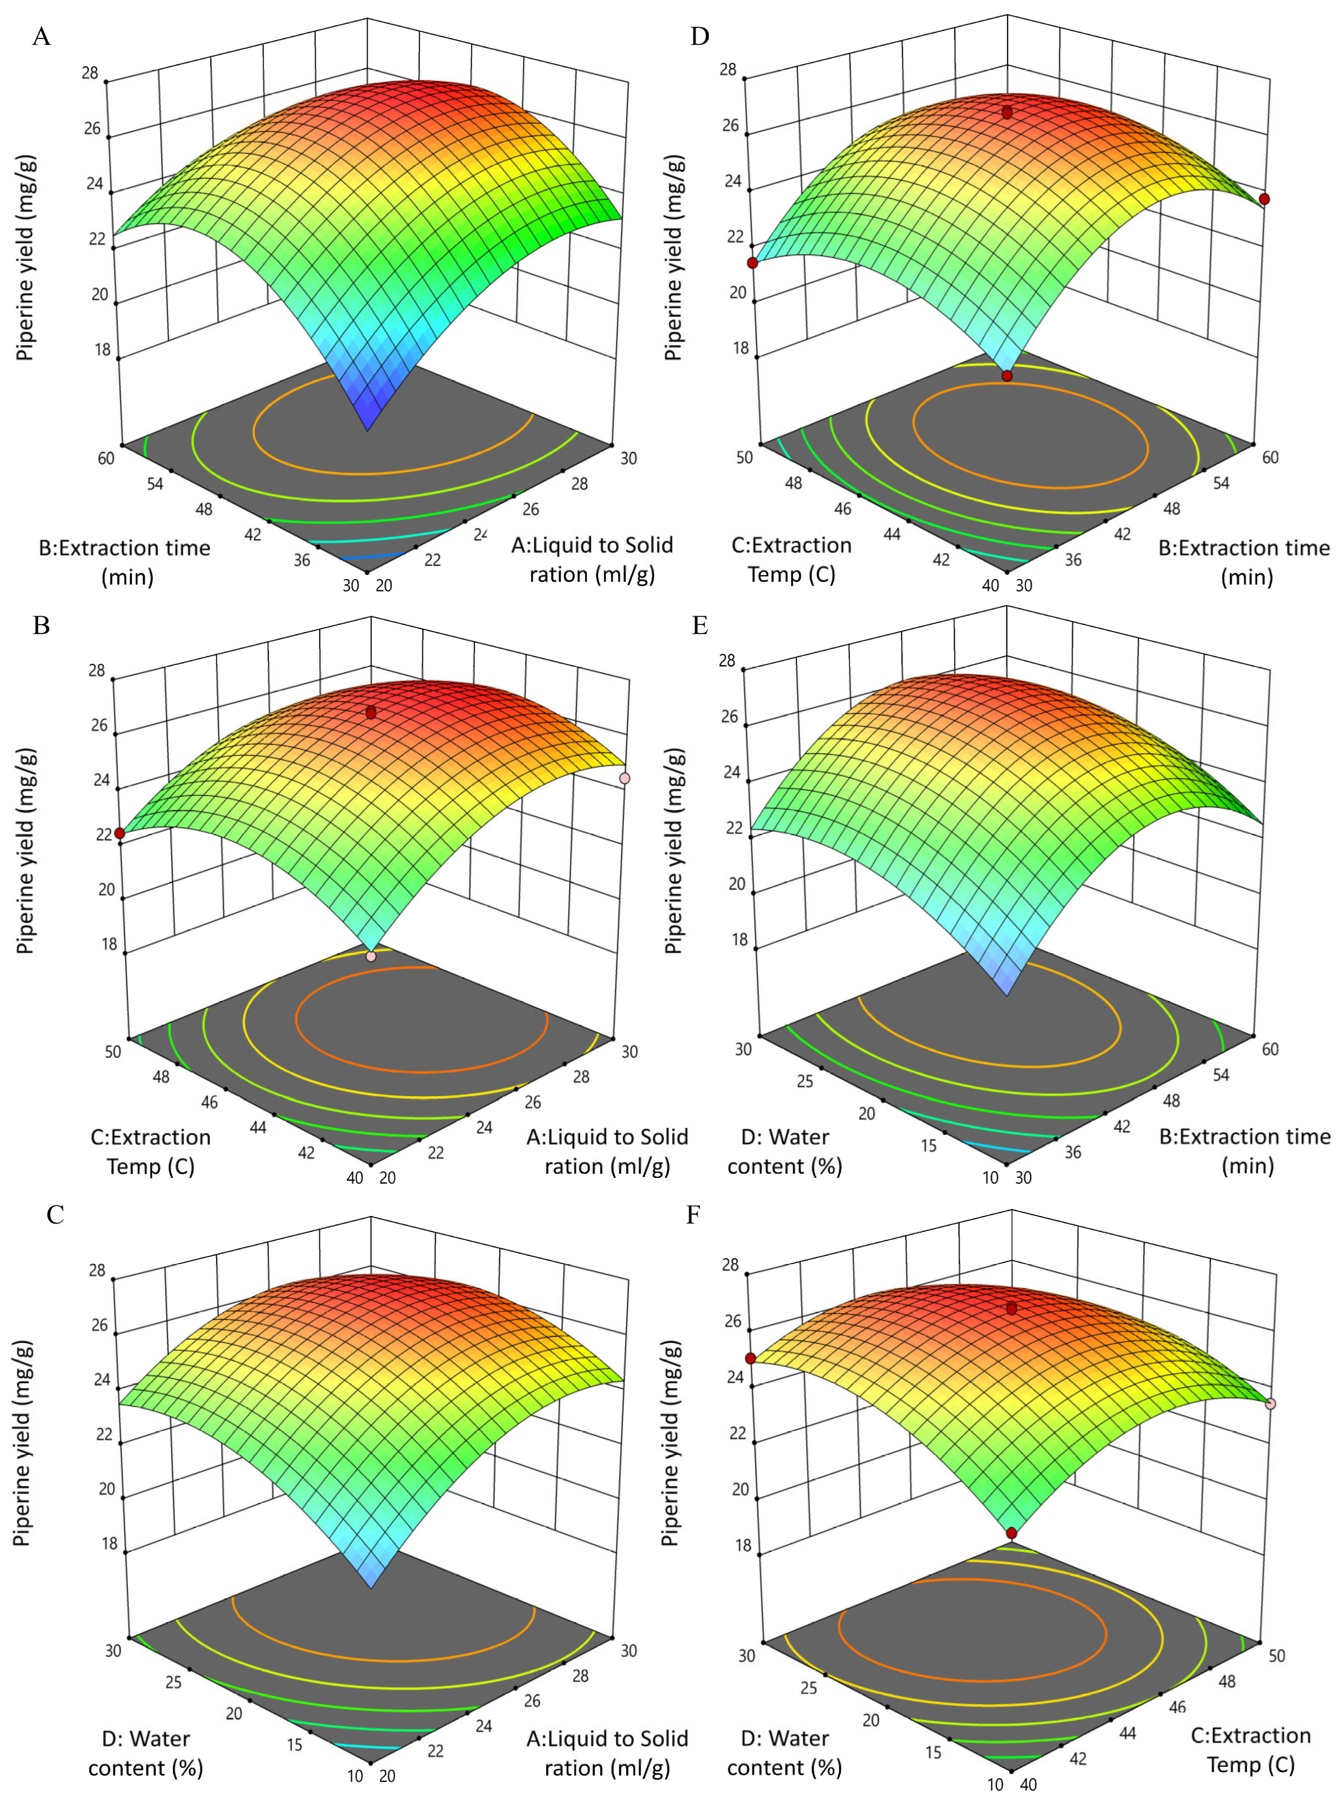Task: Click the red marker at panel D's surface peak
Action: (1006, 113)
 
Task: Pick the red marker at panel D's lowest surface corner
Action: (1006, 376)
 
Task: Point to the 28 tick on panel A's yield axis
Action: (90, 73)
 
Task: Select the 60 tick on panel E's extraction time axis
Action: (1270, 1049)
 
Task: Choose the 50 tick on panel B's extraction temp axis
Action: (113, 1051)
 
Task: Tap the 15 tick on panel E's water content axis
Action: (929, 1145)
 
